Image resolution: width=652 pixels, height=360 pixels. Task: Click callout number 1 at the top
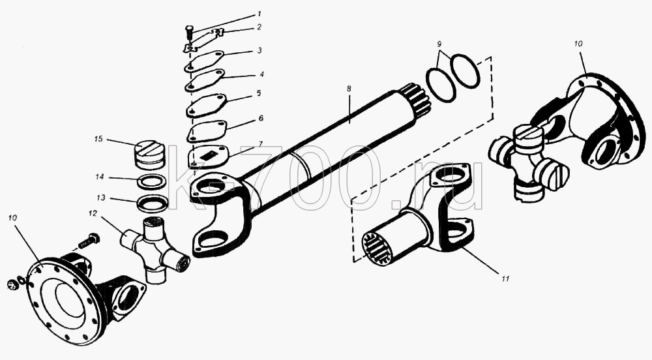pos(259,14)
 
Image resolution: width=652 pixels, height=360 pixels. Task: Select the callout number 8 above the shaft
pos(349,89)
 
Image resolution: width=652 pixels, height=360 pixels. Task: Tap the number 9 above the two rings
pos(439,44)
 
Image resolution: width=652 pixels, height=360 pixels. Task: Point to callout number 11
pos(505,279)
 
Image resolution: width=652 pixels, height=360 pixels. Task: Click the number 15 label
pos(98,139)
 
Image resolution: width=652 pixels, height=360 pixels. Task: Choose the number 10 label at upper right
pos(578,43)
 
